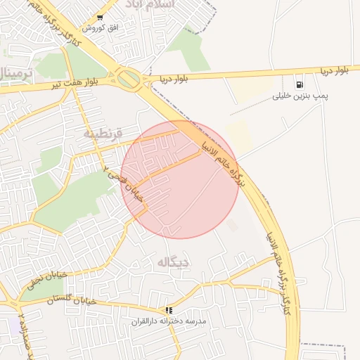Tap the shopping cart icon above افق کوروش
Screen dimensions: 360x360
(100, 18)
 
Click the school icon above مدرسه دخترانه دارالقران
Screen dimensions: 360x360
(169, 310)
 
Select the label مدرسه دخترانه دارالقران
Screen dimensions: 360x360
(169, 321)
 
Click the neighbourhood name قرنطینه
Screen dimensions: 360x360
(103, 133)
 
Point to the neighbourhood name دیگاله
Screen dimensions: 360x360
(174, 263)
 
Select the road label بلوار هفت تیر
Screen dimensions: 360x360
(71, 84)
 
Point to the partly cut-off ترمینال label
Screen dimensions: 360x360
(15, 73)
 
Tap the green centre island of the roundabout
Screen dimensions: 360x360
(129, 79)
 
